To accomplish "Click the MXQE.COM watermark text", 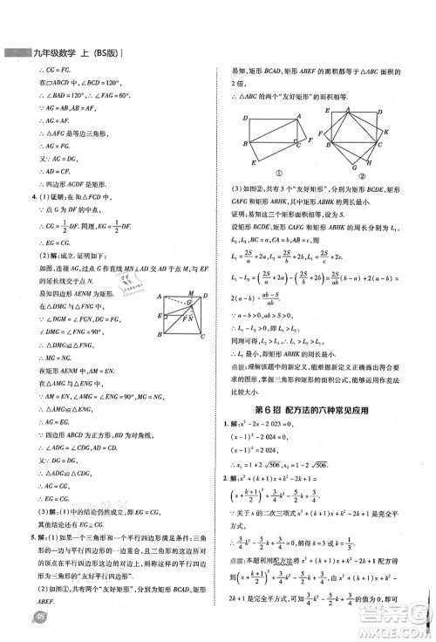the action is point(396,628).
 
